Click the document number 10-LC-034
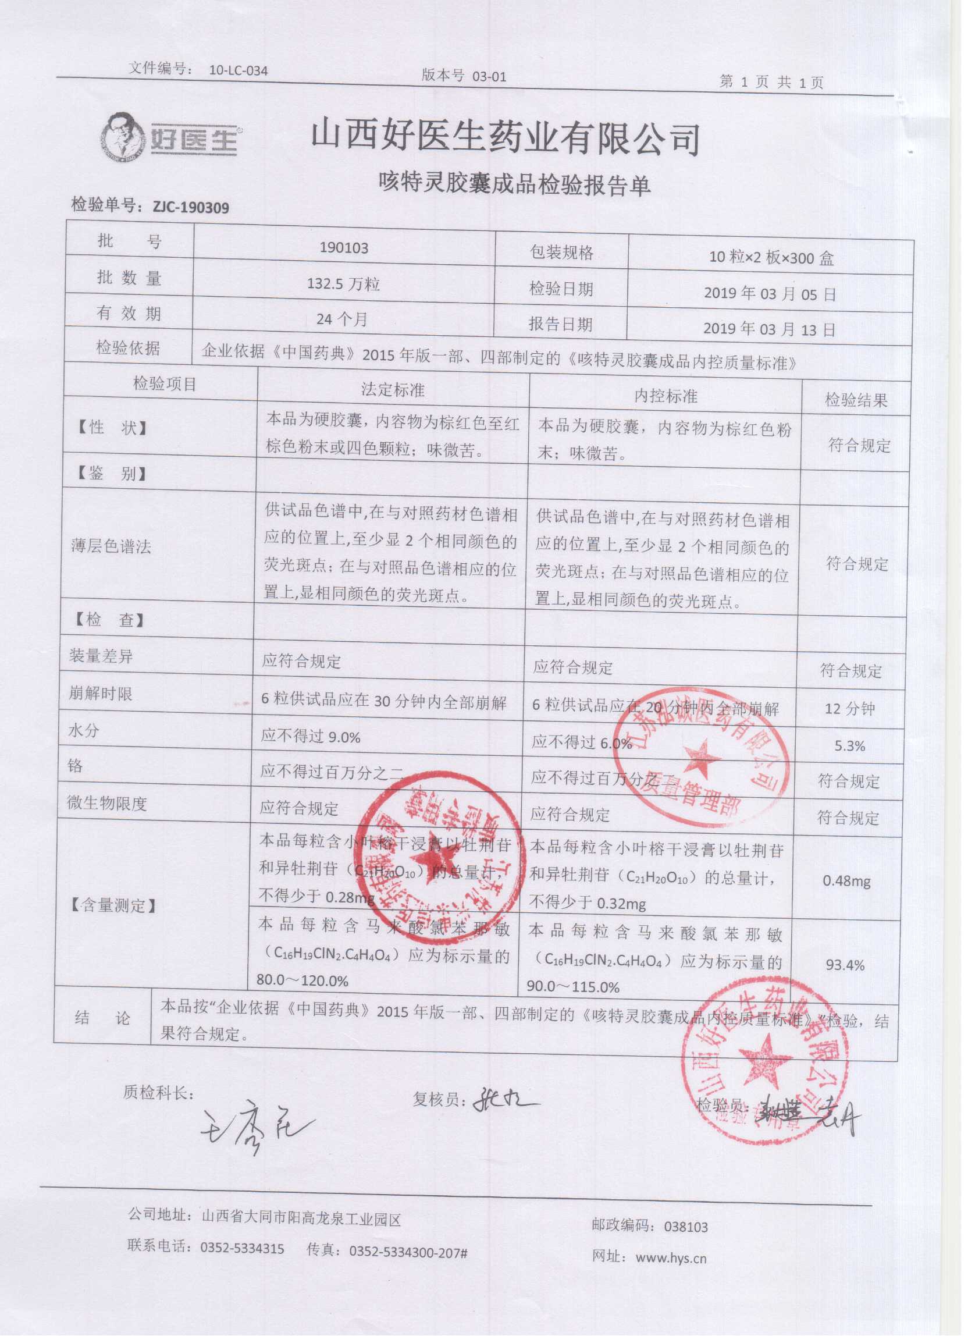pos(239,71)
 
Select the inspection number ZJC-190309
pos(190,207)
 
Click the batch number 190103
pos(344,247)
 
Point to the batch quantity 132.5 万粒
pos(343,285)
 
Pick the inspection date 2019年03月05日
pos(770,294)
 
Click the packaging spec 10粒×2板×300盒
pos(771,258)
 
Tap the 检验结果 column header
pos(856,401)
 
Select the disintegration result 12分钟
pos(850,709)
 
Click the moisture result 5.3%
pos(850,747)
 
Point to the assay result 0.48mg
pos(846,881)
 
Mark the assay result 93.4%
pos(845,965)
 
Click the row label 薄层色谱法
pos(111,546)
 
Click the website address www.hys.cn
pos(671,1257)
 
